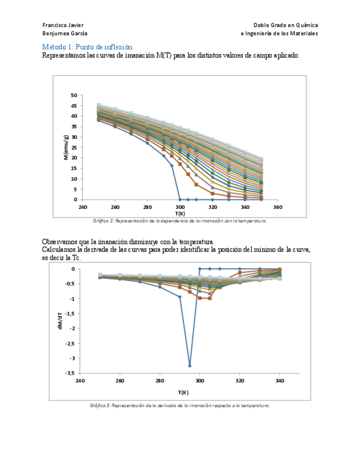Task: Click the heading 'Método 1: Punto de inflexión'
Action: (87, 47)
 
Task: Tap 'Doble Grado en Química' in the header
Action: (285, 25)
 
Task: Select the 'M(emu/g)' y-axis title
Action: (66, 147)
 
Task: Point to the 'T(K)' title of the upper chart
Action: (180, 213)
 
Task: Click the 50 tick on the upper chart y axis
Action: (74, 96)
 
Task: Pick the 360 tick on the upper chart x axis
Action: (277, 207)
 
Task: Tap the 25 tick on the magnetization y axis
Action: (74, 148)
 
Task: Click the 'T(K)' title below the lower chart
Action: (183, 392)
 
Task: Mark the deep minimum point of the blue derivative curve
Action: (190, 365)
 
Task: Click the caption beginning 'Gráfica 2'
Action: (180, 220)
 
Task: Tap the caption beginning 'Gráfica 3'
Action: (180, 406)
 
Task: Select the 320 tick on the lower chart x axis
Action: (240, 380)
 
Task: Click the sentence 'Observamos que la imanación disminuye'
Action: (128, 242)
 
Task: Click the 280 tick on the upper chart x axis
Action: (147, 207)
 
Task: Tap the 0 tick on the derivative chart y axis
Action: (73, 269)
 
